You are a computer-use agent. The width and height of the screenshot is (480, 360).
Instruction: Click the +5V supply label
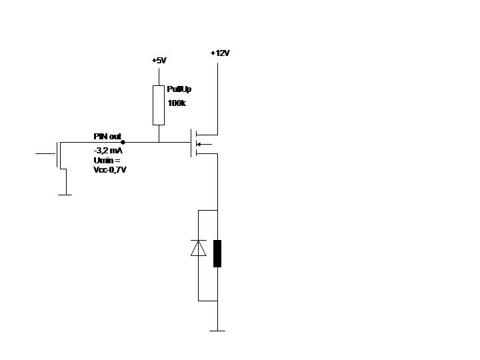(159, 61)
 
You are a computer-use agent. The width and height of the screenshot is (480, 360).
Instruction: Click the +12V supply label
(219, 53)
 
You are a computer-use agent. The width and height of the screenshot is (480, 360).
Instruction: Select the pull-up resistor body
(159, 105)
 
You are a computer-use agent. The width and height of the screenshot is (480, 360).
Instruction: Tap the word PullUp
(179, 89)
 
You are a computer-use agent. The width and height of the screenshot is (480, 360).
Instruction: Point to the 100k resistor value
(177, 103)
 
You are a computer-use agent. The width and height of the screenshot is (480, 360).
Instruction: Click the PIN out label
(107, 136)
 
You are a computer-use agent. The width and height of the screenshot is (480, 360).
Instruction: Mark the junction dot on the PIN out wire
(123, 142)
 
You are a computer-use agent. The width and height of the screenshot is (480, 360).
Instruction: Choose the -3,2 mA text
(108, 151)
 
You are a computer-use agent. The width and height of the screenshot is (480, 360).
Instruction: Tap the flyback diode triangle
(198, 248)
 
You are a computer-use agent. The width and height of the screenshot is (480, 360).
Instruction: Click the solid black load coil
(217, 253)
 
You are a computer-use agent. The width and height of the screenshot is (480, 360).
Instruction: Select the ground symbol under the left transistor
(65, 195)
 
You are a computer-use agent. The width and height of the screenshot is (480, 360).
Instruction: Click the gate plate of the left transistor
(57, 154)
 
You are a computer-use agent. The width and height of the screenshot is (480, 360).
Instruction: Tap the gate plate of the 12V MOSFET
(191, 143)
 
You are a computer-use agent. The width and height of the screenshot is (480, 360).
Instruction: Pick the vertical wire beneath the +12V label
(218, 93)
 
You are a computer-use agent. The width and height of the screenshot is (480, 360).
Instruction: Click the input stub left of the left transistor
(45, 153)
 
